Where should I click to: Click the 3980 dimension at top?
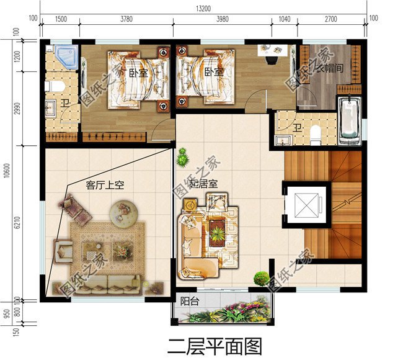tap(222, 19)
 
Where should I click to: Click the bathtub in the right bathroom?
tap(349, 120)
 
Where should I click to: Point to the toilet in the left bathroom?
tap(56, 85)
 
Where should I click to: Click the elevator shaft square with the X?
tap(306, 205)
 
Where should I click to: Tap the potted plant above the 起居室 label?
tap(182, 159)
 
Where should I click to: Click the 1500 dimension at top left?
tap(61, 19)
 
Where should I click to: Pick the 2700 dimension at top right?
tap(330, 19)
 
